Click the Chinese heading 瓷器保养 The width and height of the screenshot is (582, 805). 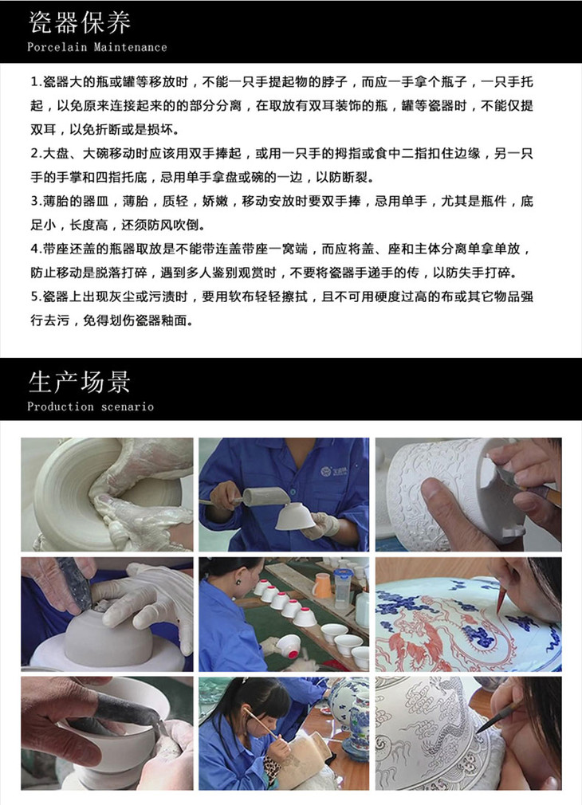(x=80, y=23)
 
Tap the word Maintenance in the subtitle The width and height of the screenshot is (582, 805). (x=131, y=47)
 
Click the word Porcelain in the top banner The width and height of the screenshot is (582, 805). (x=57, y=47)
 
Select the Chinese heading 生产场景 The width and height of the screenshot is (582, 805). (x=80, y=383)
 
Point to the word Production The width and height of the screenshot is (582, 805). (x=61, y=406)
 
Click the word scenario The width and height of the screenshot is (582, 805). (x=128, y=407)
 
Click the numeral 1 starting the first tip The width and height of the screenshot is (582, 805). (x=34, y=81)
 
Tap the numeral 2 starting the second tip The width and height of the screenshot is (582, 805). (x=34, y=153)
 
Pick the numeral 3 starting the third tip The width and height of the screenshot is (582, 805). (x=34, y=201)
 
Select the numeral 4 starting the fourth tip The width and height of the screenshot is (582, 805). (x=34, y=249)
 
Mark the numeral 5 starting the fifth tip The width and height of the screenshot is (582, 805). (x=34, y=296)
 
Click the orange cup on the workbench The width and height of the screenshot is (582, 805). (x=322, y=585)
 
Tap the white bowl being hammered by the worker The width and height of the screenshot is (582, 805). (x=295, y=516)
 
